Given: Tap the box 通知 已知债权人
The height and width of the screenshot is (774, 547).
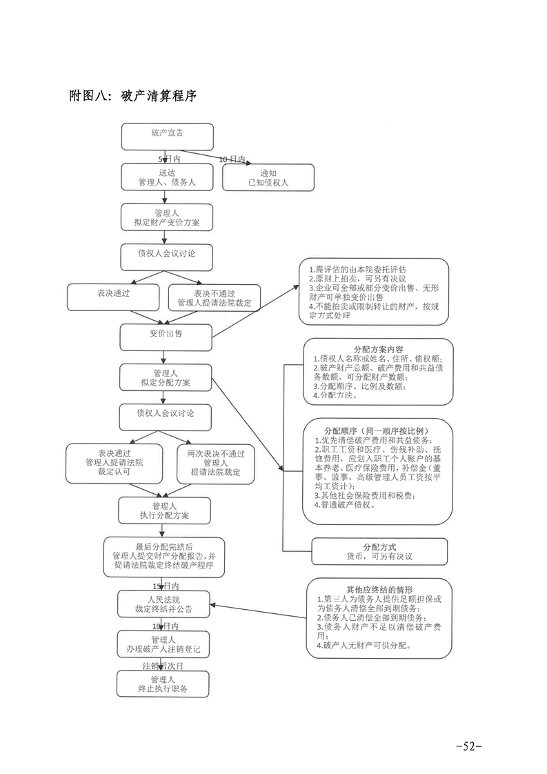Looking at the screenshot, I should (268, 177).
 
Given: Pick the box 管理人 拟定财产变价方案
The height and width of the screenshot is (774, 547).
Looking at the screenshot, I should (164, 218).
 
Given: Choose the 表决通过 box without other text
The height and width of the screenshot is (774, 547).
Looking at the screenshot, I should (114, 297).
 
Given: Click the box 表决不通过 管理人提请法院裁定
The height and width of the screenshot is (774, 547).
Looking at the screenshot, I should (215, 297).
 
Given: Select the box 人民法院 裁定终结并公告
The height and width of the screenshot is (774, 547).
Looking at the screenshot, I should (163, 604).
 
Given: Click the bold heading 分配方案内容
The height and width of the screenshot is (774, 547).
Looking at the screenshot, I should (378, 349).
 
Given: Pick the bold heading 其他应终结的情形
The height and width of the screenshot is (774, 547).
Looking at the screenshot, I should (379, 590).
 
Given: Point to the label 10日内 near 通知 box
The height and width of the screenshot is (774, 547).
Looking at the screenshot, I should (232, 159).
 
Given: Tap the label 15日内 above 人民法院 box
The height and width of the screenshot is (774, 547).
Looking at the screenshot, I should (166, 585).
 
